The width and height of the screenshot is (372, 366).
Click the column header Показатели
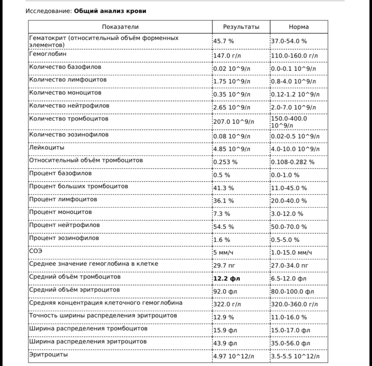120,27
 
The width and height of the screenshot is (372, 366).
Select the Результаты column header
241,27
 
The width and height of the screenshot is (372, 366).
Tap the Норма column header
299,27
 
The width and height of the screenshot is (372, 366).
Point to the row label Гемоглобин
48,54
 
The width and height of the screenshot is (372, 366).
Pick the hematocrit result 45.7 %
223,42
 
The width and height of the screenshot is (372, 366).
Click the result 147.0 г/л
227,56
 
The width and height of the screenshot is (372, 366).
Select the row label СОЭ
36,251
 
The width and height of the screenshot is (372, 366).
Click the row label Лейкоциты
46,147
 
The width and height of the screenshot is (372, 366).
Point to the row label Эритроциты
48,355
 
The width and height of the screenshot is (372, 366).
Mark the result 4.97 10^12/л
234,356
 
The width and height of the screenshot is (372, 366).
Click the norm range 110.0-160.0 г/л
294,56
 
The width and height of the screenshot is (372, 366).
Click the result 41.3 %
223,188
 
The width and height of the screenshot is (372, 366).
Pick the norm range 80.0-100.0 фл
292,292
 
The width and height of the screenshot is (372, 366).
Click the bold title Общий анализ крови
110,11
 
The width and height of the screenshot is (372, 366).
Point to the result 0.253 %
225,162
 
